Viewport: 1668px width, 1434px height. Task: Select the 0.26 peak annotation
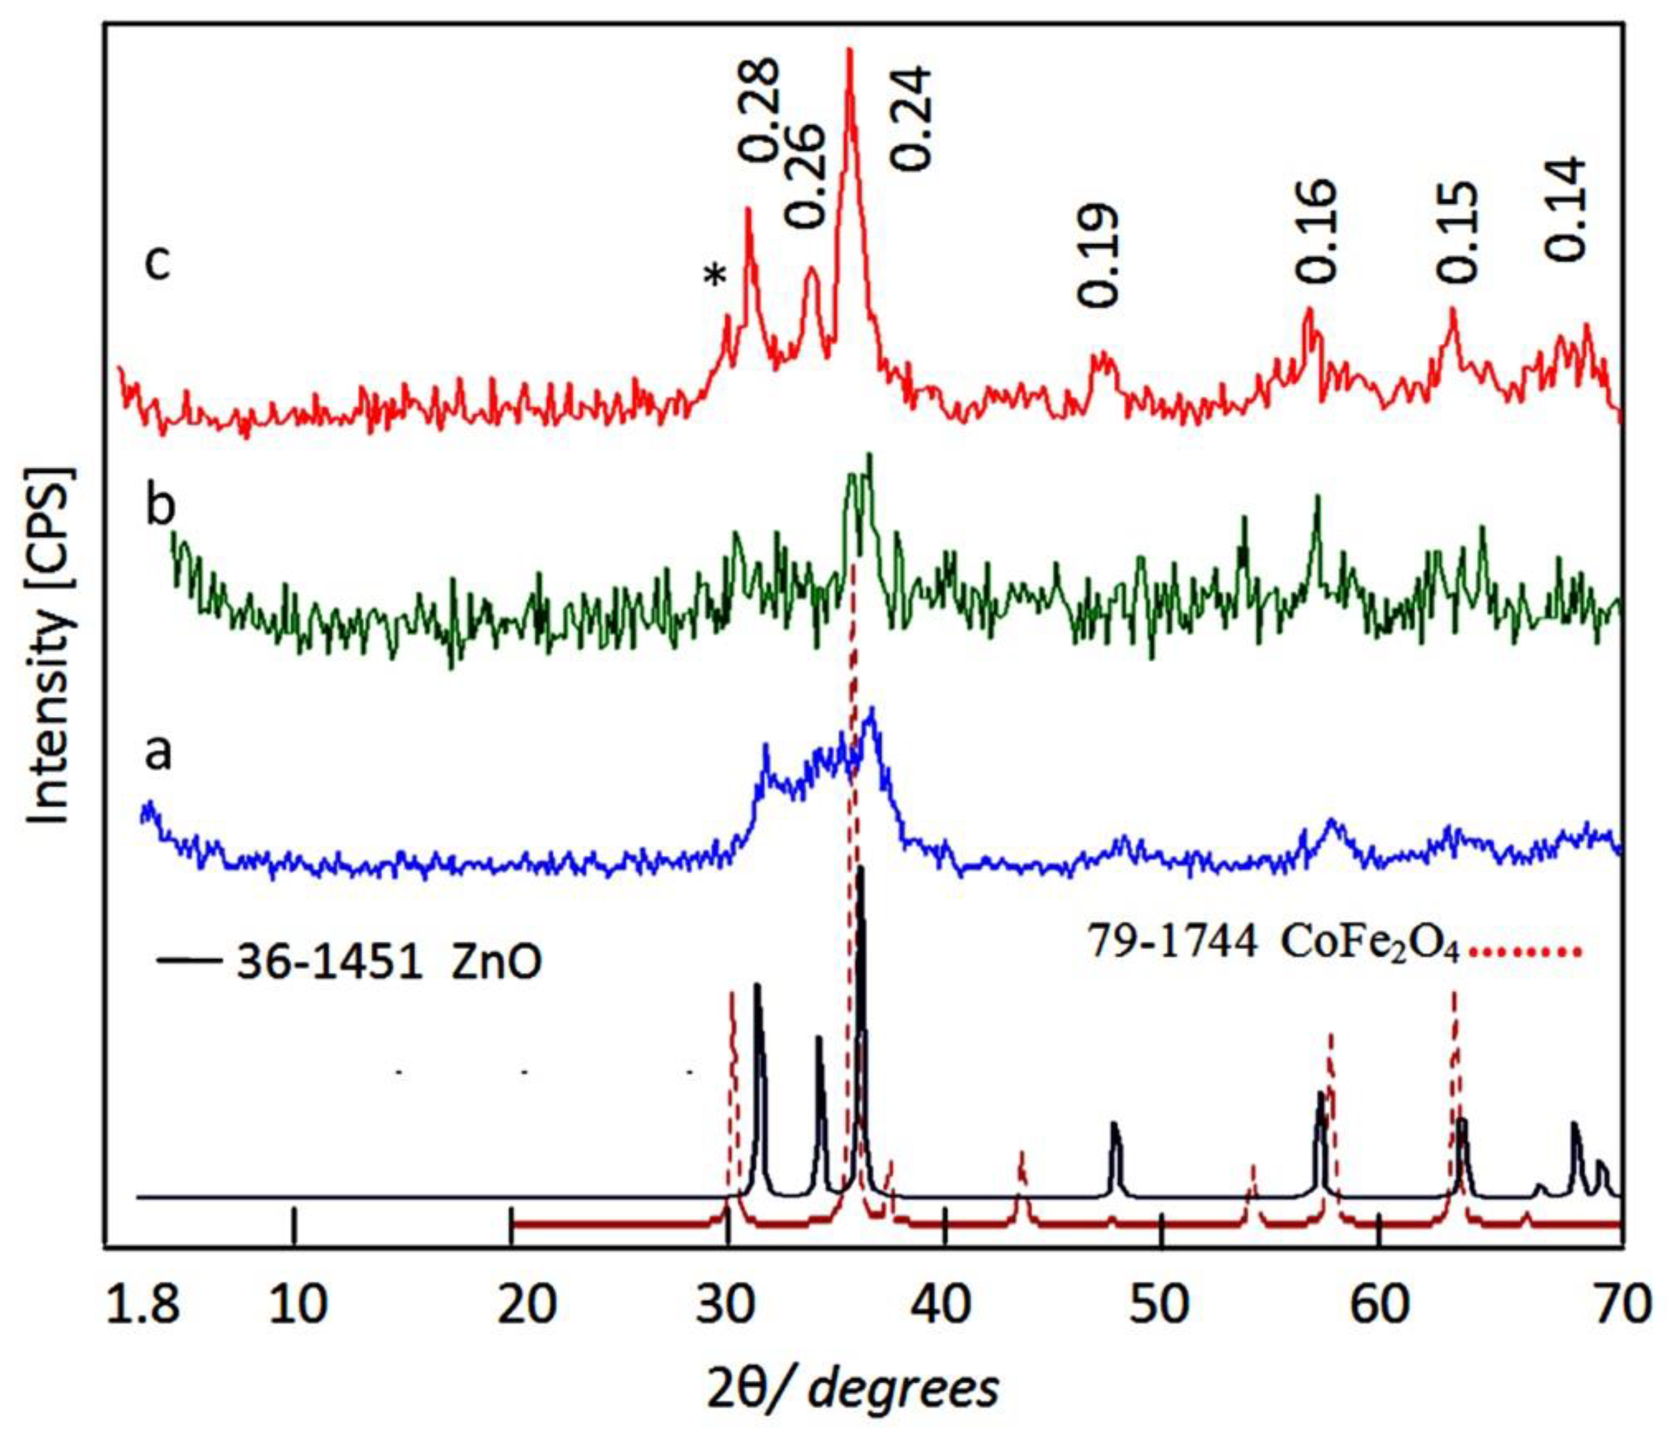pyautogui.click(x=805, y=175)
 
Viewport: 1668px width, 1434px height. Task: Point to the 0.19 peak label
pyautogui.click(x=1099, y=255)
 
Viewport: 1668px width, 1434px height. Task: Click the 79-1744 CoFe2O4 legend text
pyautogui.click(x=1272, y=942)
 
